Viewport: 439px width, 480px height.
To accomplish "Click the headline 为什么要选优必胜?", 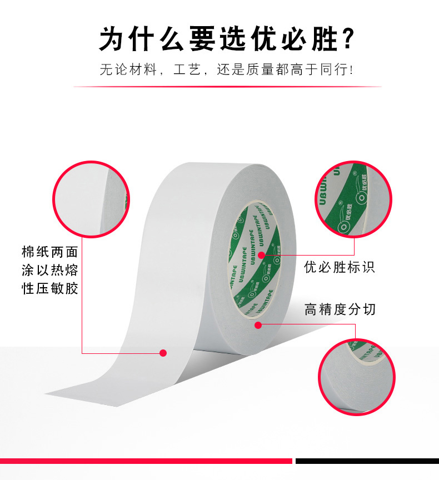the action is [227, 39].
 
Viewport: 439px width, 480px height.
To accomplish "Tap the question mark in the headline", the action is [348, 39].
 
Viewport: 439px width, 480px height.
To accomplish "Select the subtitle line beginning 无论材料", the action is [227, 69].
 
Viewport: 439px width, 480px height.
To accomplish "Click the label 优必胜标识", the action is [339, 267].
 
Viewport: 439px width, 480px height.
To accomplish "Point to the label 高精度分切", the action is [340, 309].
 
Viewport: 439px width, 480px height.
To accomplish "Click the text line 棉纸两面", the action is [50, 252].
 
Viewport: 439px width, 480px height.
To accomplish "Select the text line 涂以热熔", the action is [50, 271].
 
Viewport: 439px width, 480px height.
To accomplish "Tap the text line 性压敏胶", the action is [50, 289].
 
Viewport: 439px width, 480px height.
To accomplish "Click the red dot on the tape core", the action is [261, 255].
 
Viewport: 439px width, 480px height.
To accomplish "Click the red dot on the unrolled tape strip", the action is [163, 353].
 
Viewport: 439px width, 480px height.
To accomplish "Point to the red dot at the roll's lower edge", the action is [258, 325].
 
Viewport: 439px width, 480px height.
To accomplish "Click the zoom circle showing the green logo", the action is [353, 199].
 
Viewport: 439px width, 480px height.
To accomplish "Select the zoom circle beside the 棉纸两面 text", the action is [91, 199].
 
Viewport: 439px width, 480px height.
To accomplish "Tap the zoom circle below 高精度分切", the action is [357, 377].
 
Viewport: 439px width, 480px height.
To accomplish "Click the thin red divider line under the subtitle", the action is [227, 87].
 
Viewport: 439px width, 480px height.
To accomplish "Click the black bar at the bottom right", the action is [367, 461].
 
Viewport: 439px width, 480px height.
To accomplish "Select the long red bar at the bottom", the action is [146, 461].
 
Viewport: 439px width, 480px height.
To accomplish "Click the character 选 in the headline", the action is [233, 39].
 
